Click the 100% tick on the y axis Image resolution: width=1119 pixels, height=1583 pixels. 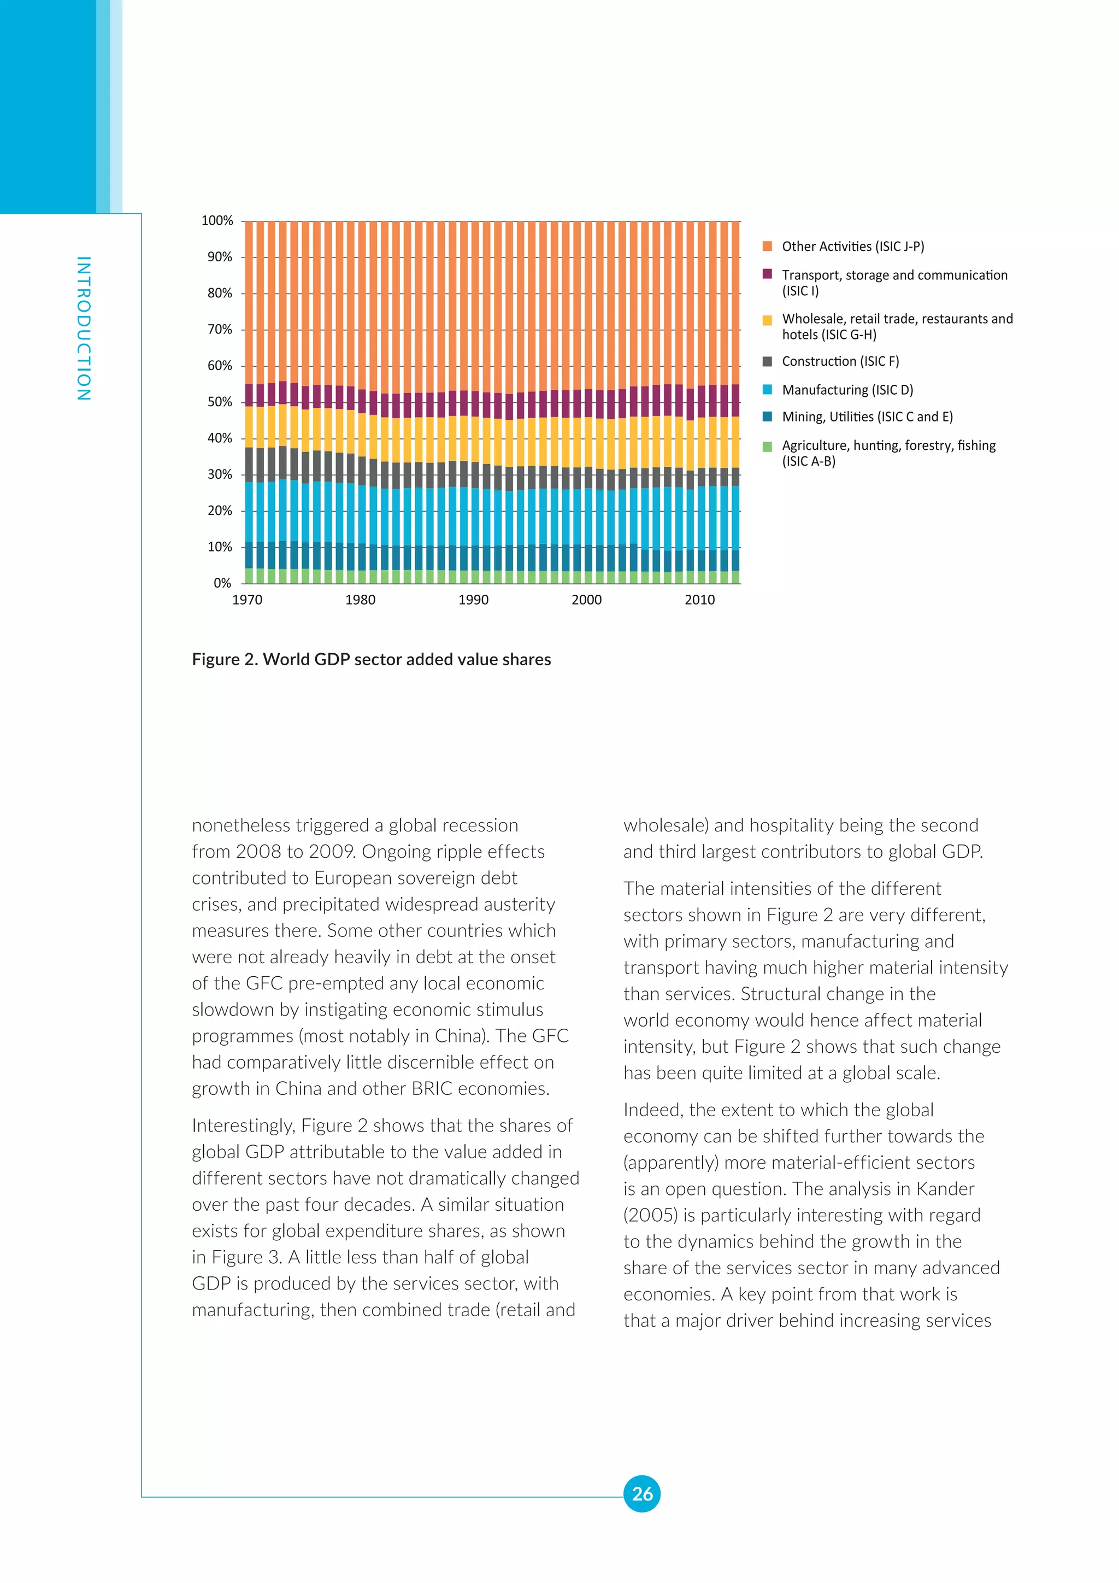coord(217,221)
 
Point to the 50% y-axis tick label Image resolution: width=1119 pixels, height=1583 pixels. coord(220,402)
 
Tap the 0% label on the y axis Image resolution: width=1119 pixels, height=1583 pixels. coord(222,583)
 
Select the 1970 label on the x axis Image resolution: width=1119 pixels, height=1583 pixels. coord(248,600)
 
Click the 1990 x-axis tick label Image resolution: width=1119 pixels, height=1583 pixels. coord(473,600)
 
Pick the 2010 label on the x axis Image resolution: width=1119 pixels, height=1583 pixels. coord(699,600)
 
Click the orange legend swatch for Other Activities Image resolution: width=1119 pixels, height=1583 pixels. coord(767,246)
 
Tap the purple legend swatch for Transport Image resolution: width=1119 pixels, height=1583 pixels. coord(767,274)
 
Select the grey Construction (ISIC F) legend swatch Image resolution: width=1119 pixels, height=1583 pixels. coord(767,361)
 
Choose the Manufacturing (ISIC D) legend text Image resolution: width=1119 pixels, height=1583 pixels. coord(847,390)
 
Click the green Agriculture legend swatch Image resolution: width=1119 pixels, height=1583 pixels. coord(767,446)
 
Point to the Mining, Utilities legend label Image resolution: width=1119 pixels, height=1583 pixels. coord(867,417)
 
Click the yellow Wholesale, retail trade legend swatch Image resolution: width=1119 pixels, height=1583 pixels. coord(767,319)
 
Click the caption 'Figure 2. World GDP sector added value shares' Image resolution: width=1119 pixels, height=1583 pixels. coord(372,660)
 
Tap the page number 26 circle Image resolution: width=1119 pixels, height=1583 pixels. coord(641,1494)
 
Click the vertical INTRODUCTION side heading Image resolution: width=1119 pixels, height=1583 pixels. coord(84,328)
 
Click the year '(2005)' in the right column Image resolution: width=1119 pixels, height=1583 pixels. coord(650,1216)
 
